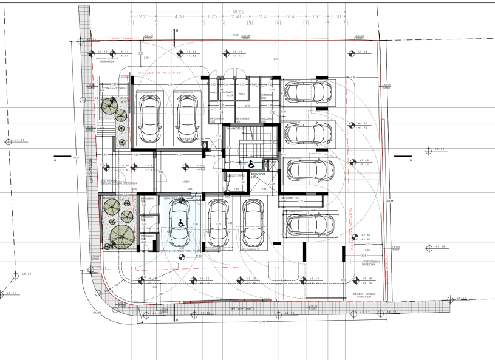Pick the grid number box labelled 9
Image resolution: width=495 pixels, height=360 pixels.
coord(345,24)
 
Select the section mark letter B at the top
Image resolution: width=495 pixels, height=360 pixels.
coord(176,30)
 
